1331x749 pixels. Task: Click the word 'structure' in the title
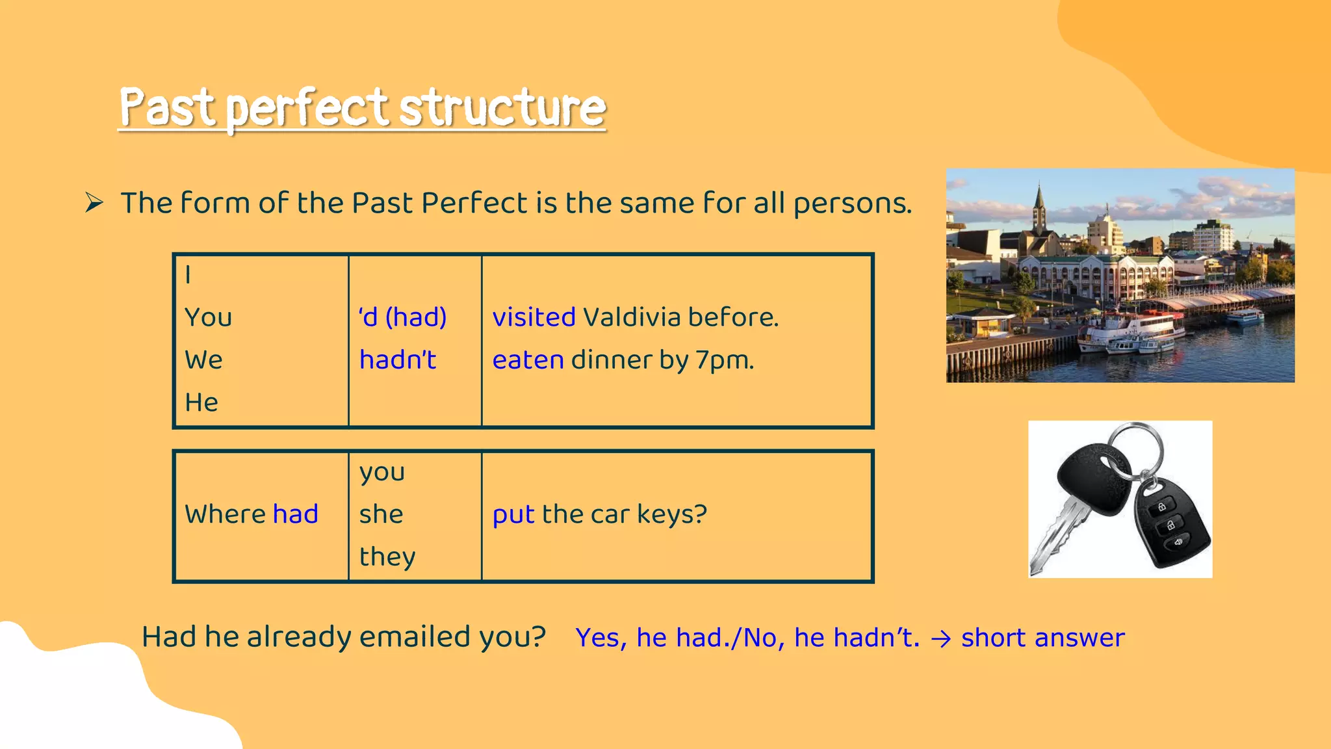click(x=502, y=108)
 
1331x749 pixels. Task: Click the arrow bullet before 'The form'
click(x=94, y=204)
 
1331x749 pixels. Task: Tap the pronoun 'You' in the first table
click(x=208, y=318)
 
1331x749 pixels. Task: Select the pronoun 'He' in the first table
click(x=201, y=402)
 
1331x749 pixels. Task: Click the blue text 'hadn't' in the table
click(x=397, y=360)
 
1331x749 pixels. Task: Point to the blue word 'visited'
click(x=534, y=318)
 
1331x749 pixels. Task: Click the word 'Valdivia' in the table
click(x=631, y=318)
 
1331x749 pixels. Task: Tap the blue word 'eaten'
click(x=528, y=360)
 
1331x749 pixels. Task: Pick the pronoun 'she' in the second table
click(x=381, y=514)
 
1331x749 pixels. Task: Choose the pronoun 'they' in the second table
click(x=387, y=557)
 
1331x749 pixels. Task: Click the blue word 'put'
click(x=513, y=515)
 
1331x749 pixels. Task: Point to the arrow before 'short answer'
click(x=940, y=639)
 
